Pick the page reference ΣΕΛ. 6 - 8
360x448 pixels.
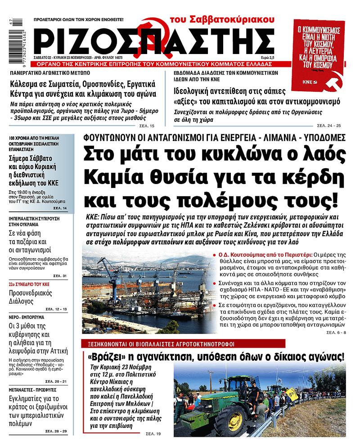pyautogui.click(x=336, y=332)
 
